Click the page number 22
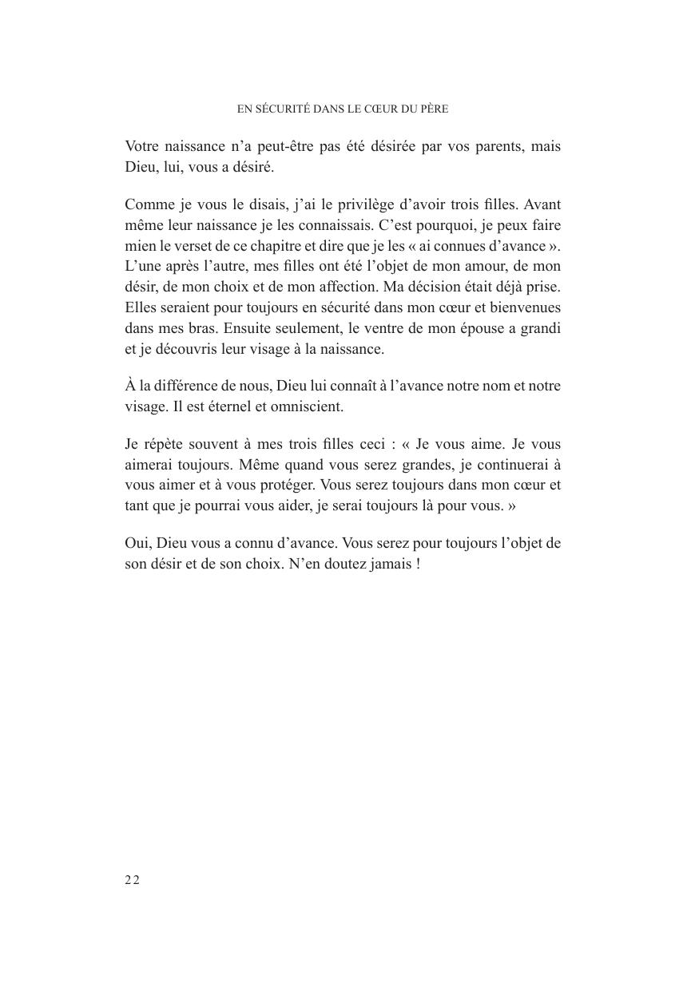pyautogui.click(x=132, y=880)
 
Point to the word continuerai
pyautogui.click(x=510, y=464)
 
